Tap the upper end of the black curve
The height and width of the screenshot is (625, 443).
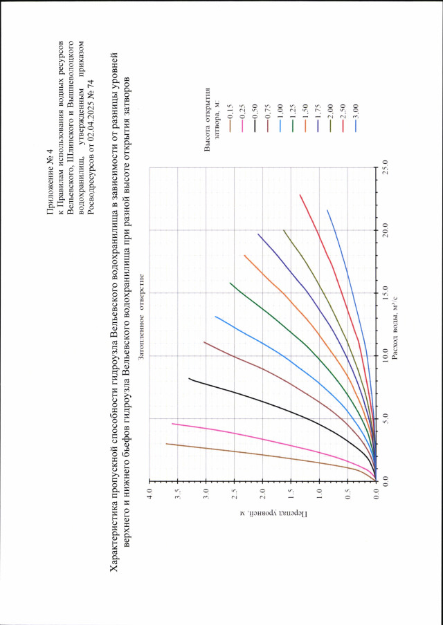click(x=188, y=378)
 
